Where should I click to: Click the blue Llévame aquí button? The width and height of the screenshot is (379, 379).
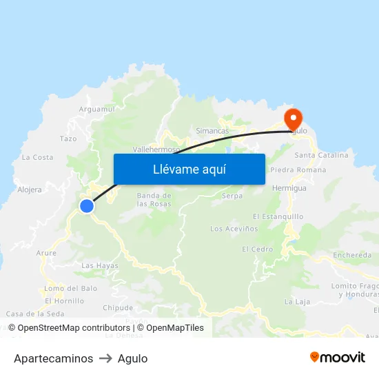coord(189,169)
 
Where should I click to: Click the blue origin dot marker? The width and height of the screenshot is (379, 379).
coord(86,206)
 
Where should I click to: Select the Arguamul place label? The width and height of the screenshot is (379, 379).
coord(97,109)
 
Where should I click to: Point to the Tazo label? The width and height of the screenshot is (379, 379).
coord(68,139)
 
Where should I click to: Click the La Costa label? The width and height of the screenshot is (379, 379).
coord(37,157)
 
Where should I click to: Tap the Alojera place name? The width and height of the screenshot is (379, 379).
coord(29,189)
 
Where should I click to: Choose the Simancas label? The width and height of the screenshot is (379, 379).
coord(212,131)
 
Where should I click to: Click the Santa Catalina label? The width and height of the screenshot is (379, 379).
coord(321,155)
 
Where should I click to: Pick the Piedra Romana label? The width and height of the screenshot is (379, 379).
coord(298,170)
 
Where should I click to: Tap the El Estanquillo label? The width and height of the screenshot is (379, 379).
coord(278,216)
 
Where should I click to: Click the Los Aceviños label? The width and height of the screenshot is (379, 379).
coord(234,228)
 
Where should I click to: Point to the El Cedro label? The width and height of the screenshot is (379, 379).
coord(257,249)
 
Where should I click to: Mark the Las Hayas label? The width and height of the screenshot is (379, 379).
coord(100,265)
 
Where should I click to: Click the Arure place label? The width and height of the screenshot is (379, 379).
coord(46,253)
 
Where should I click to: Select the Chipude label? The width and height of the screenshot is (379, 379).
coord(117,307)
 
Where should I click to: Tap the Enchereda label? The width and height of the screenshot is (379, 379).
coord(352,255)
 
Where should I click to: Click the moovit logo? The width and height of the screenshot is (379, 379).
coord(338,358)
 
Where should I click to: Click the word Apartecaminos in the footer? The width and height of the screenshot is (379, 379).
coord(53,358)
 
